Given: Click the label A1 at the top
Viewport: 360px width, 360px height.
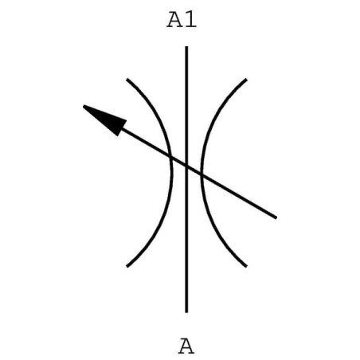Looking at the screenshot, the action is (182, 20).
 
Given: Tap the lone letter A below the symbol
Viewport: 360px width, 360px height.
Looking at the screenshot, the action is (186, 346).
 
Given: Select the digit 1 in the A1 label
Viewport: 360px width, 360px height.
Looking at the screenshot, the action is (190, 20).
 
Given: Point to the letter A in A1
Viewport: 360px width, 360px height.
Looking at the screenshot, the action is (174, 20).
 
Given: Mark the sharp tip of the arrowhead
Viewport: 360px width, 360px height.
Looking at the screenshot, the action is (84, 106).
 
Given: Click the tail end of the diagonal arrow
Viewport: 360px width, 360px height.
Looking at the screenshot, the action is (276, 217).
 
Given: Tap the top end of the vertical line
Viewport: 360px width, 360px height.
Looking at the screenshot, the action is (186, 47).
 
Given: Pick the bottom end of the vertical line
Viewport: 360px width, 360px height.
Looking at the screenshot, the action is (186, 312).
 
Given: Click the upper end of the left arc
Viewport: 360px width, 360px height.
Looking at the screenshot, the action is (127, 79).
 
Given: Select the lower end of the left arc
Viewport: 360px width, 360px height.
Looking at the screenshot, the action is (127, 266).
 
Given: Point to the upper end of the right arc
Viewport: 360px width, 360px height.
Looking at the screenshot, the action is (246, 79).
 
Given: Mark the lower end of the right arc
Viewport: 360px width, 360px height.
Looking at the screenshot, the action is (246, 266).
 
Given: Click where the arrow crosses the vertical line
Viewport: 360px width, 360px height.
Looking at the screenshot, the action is (186, 166).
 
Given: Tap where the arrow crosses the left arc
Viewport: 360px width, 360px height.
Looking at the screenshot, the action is (170, 158).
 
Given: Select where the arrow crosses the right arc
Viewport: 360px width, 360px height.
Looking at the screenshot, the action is (202, 175).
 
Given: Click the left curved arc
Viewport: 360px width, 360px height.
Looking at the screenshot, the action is (171, 173).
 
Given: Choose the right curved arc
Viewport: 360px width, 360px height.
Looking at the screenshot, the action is (202, 173).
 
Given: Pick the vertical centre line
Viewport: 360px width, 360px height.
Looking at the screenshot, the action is (186, 179).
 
